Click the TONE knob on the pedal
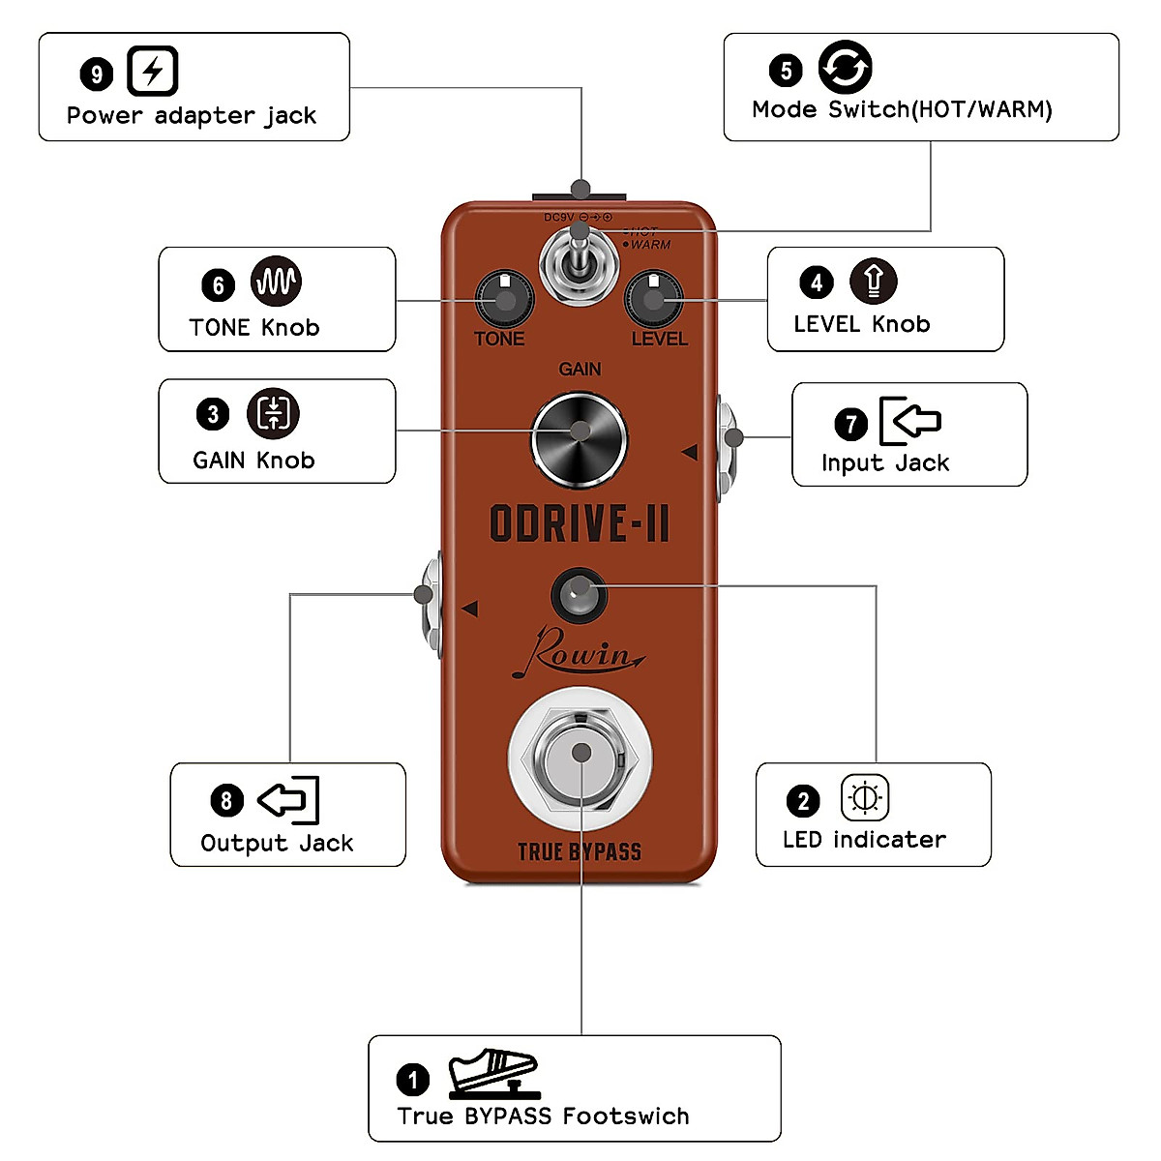pyautogui.click(x=504, y=300)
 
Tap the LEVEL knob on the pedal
pyautogui.click(x=654, y=300)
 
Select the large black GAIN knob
pyautogui.click(x=580, y=438)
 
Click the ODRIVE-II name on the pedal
pyautogui.click(x=580, y=523)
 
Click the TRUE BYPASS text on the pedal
pyautogui.click(x=580, y=851)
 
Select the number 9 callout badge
pyautogui.click(x=97, y=74)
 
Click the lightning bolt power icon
pyautogui.click(x=153, y=71)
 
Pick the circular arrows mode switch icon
pyautogui.click(x=845, y=68)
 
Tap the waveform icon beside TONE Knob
pyautogui.click(x=276, y=282)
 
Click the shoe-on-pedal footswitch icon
pyautogui.click(x=492, y=1073)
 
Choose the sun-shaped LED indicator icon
pyautogui.click(x=864, y=798)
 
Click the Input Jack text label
pyautogui.click(x=885, y=462)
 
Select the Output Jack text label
pyautogui.click(x=277, y=843)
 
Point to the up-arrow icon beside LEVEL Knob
pyautogui.click(x=874, y=281)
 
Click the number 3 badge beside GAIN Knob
pyautogui.click(x=213, y=415)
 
